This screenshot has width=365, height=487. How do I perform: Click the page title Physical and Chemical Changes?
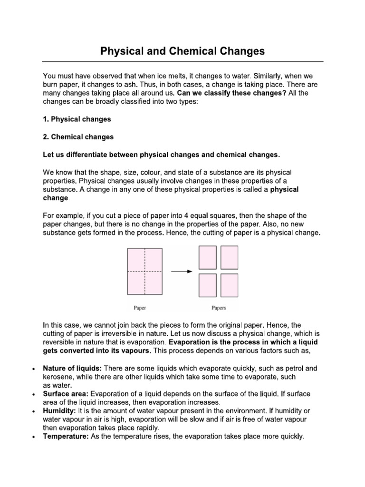182,51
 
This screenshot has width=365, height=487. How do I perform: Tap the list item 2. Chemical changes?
78,137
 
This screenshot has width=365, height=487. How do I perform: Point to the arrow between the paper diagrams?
181,272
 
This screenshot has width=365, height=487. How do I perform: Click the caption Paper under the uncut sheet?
140,308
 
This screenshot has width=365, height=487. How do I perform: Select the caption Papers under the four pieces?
219,308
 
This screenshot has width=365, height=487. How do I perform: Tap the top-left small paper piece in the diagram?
208,257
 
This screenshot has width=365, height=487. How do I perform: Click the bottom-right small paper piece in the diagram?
228,286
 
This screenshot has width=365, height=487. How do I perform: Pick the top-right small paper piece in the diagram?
228,257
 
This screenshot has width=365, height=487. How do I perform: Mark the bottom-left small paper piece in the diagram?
208,286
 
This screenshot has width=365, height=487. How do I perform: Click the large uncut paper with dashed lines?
144,272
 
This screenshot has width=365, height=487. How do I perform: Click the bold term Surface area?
66,394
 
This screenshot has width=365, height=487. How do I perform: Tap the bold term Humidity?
59,411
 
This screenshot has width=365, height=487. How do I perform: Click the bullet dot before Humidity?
32,411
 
